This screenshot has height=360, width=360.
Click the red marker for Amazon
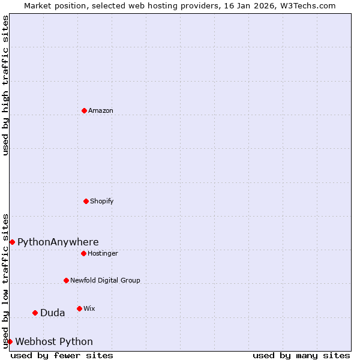coord(84,110)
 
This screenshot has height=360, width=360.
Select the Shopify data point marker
coord(86,201)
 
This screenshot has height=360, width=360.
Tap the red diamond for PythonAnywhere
coord(12,242)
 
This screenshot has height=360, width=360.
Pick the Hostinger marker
coord(83,253)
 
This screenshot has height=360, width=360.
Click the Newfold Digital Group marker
coord(66,280)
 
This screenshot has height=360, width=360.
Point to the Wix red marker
coord(79,308)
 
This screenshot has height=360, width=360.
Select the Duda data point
coord(35,313)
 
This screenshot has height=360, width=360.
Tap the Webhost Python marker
coord(10,341)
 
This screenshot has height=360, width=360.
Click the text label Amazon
coord(101,110)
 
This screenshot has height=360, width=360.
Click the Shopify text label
coord(102,201)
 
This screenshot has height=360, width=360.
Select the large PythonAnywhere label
coord(58,242)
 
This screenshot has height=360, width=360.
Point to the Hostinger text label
coord(103,253)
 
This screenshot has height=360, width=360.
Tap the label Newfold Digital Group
coord(105,280)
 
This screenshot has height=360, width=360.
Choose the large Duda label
coord(52,313)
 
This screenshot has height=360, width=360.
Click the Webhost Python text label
coord(54,341)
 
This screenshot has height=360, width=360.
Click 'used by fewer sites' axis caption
coord(62,355)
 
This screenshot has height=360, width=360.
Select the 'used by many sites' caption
coord(301,355)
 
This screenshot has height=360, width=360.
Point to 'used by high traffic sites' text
coord(5,85)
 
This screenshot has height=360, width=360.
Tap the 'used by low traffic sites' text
coord(5,280)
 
